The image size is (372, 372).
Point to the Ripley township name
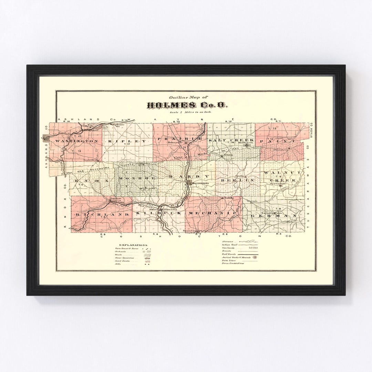[127, 141]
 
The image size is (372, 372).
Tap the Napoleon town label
[114, 199]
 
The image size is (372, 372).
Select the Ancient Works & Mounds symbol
[255, 257]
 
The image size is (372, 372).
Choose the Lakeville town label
[88, 126]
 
